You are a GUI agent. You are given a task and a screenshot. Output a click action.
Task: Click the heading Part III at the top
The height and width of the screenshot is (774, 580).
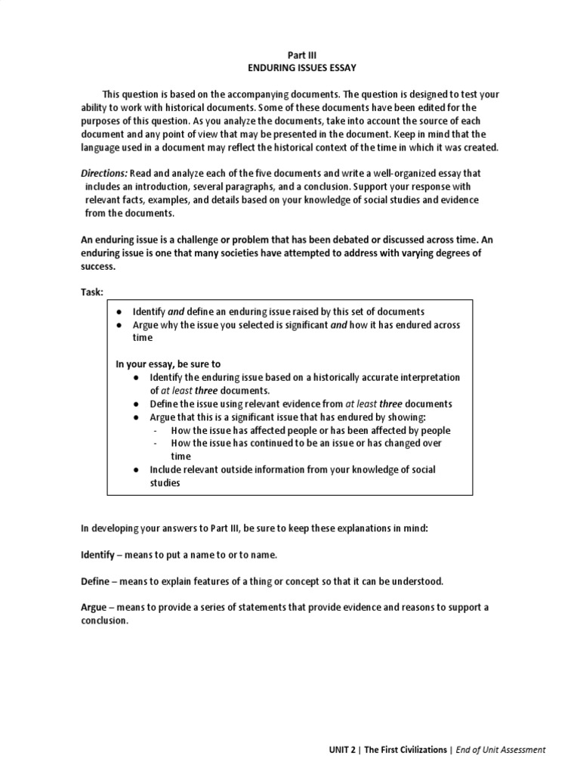[297, 55]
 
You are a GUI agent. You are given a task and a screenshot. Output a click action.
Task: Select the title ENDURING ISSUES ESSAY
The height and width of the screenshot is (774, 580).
[297, 68]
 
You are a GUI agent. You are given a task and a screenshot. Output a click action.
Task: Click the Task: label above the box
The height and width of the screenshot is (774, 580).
[92, 293]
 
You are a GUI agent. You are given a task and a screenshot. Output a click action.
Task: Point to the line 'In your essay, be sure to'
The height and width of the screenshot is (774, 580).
[167, 364]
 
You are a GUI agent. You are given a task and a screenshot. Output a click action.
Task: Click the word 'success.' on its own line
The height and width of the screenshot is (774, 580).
[99, 266]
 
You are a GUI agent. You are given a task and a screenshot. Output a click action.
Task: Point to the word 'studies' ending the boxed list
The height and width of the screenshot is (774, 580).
[165, 483]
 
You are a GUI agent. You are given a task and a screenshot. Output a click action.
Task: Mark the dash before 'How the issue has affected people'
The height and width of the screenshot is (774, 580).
[156, 430]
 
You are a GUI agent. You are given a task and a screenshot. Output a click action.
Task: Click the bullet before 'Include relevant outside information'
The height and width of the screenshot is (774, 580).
[134, 469]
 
